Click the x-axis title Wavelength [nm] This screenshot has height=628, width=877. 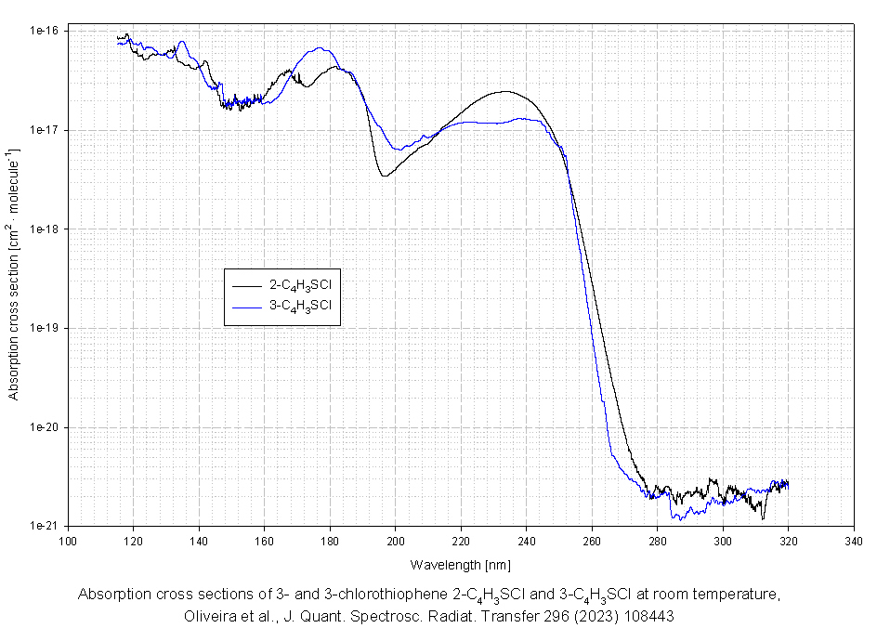(460, 564)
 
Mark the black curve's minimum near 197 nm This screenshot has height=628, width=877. (384, 176)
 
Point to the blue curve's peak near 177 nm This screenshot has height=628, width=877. (320, 48)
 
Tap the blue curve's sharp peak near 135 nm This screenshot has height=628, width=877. (182, 41)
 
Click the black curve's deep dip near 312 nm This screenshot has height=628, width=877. (763, 517)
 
